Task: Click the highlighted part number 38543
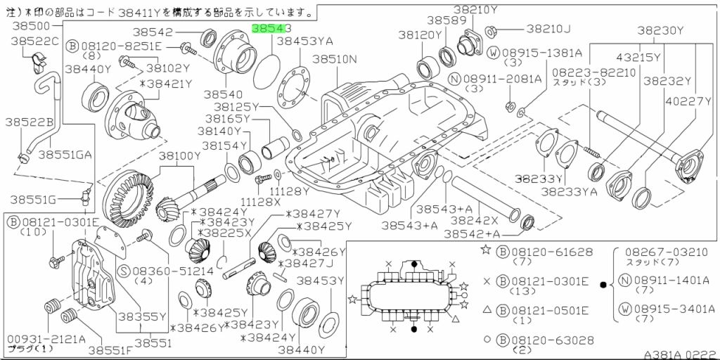271,29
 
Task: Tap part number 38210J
548,29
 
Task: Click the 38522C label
35,41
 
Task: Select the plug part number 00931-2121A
44,339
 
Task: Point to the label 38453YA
304,41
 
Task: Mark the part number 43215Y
639,58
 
